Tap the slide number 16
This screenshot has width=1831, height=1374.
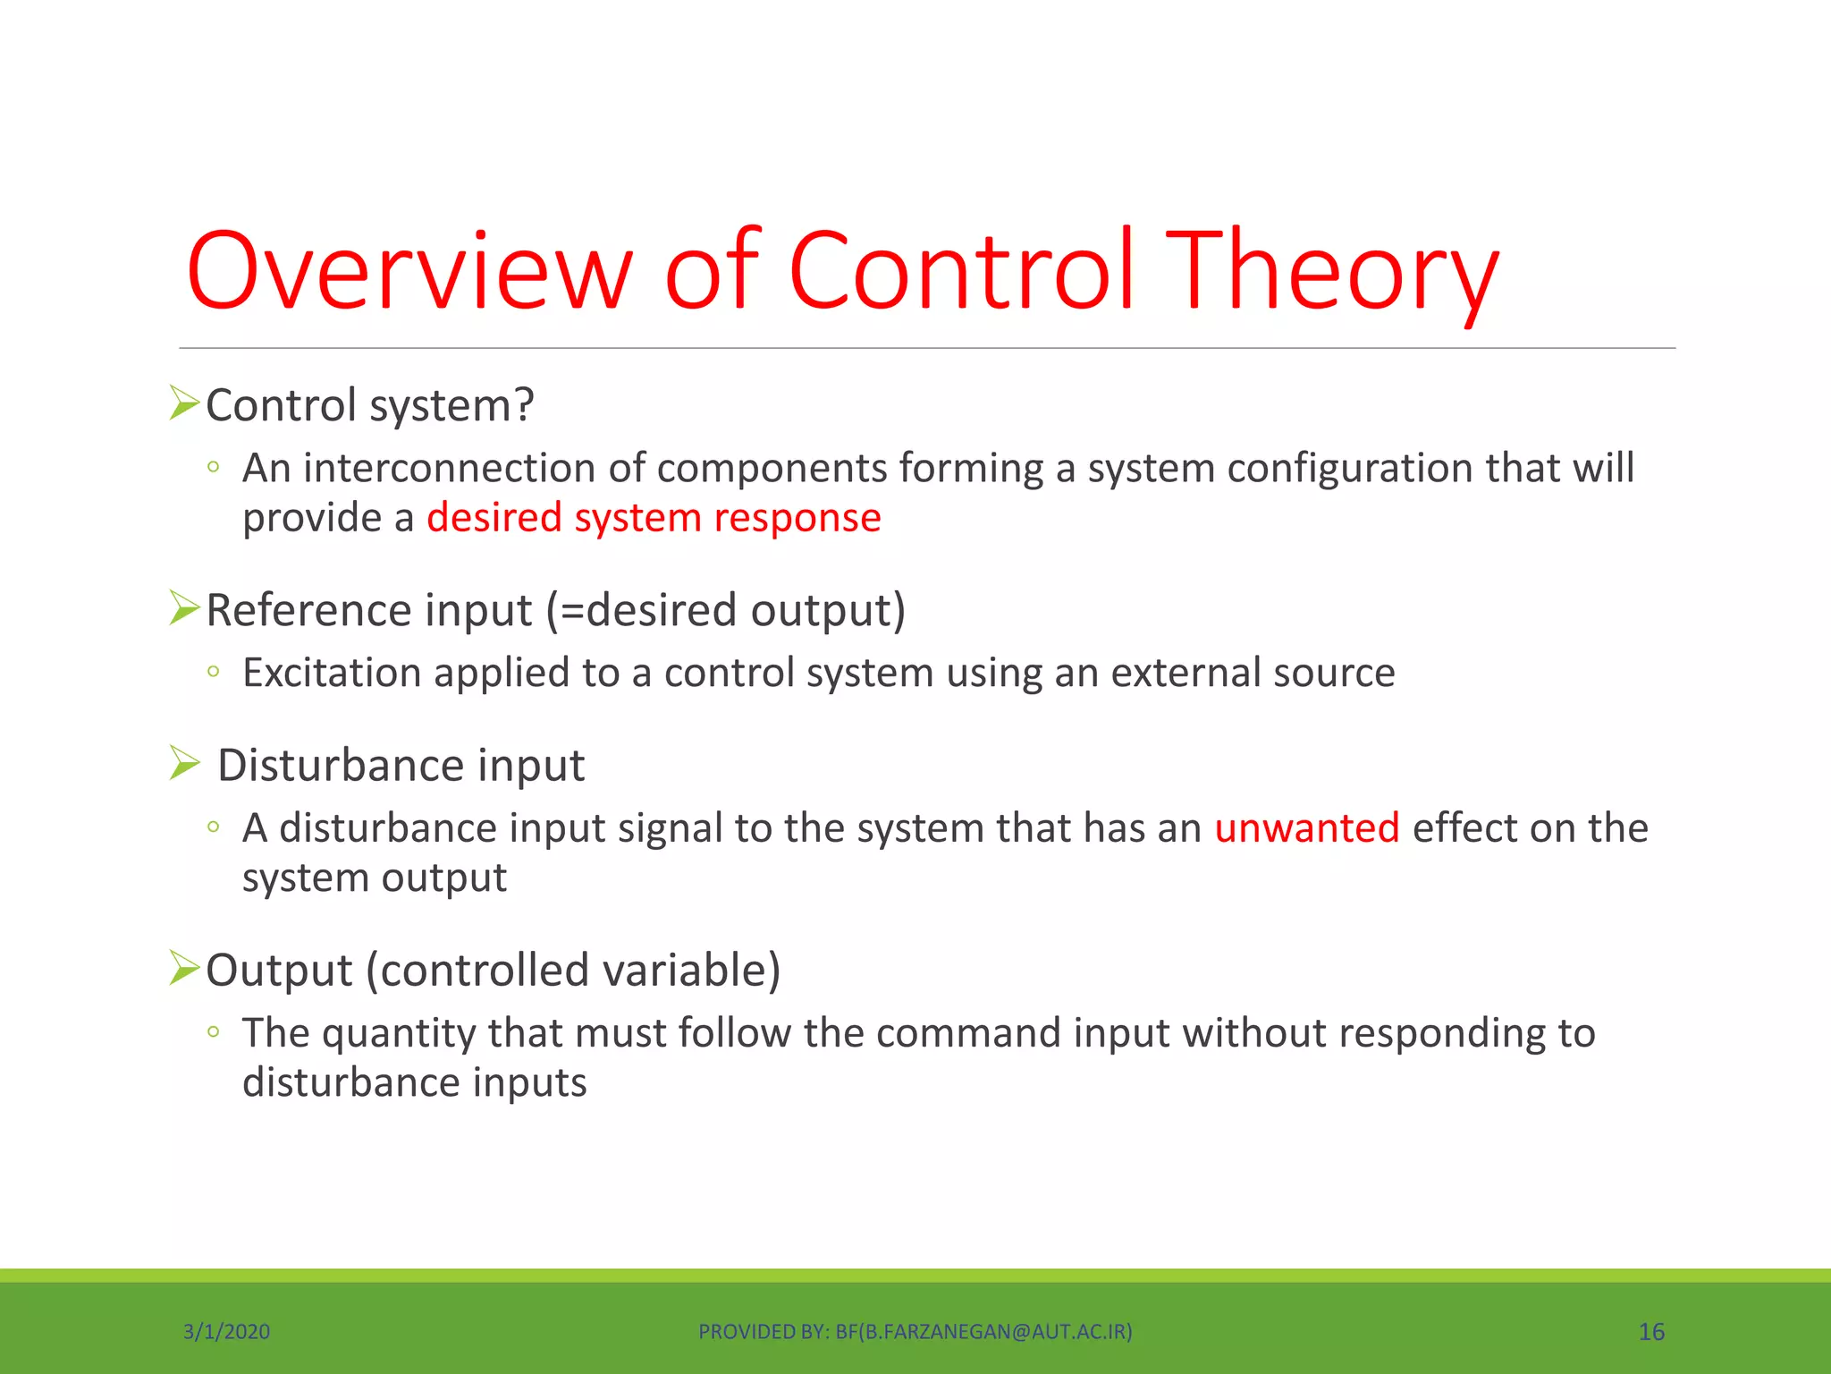[x=1650, y=1332]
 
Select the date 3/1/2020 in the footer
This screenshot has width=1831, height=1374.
[x=226, y=1332]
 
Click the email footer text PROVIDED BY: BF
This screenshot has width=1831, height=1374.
[x=915, y=1332]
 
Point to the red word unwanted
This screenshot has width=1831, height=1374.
[x=1306, y=828]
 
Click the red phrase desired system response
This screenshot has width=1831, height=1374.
[x=654, y=518]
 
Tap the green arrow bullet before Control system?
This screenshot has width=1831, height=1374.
[x=184, y=403]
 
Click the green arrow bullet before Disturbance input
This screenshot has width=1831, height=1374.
[x=184, y=763]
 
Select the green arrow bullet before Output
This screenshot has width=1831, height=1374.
[x=184, y=968]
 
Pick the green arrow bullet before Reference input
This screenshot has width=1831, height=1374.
[x=184, y=608]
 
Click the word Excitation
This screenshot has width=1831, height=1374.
[x=332, y=673]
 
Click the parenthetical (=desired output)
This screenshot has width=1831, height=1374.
[x=726, y=611]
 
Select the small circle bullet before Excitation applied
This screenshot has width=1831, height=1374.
[x=213, y=672]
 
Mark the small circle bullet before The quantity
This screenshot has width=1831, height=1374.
[x=213, y=1031]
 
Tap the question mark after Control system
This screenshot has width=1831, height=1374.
[x=524, y=405]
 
